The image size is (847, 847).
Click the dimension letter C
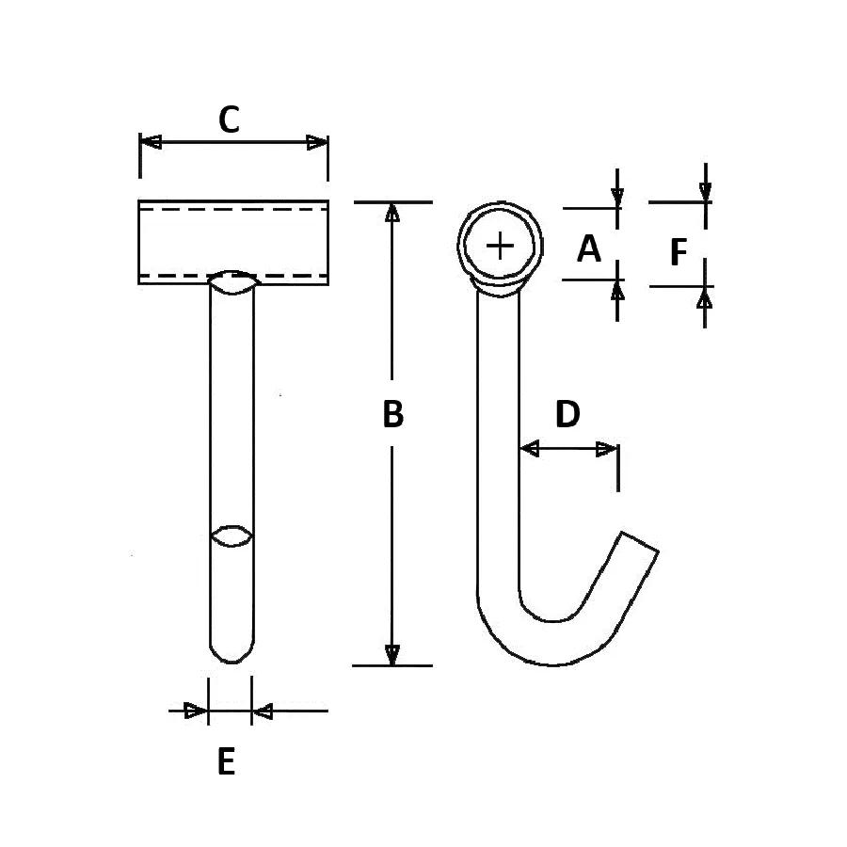click(229, 120)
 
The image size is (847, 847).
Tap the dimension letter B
click(392, 414)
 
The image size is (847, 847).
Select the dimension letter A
click(589, 248)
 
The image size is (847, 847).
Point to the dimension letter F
click(679, 252)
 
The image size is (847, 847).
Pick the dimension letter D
click(567, 414)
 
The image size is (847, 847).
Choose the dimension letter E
click(226, 761)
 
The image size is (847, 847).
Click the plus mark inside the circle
click(501, 247)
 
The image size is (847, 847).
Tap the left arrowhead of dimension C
click(151, 143)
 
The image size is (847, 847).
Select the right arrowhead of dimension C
click(317, 143)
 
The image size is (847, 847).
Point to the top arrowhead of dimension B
click(392, 213)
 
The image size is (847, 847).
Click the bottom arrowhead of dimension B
click(392, 655)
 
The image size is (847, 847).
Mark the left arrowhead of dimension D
click(529, 448)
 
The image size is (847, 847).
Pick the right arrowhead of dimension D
click(606, 449)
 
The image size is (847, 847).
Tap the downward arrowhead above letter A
click(617, 199)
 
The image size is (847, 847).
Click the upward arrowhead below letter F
click(704, 297)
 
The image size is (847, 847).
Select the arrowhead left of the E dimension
click(196, 711)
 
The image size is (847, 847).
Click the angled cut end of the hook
click(639, 541)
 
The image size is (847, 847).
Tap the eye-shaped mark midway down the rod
click(232, 536)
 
